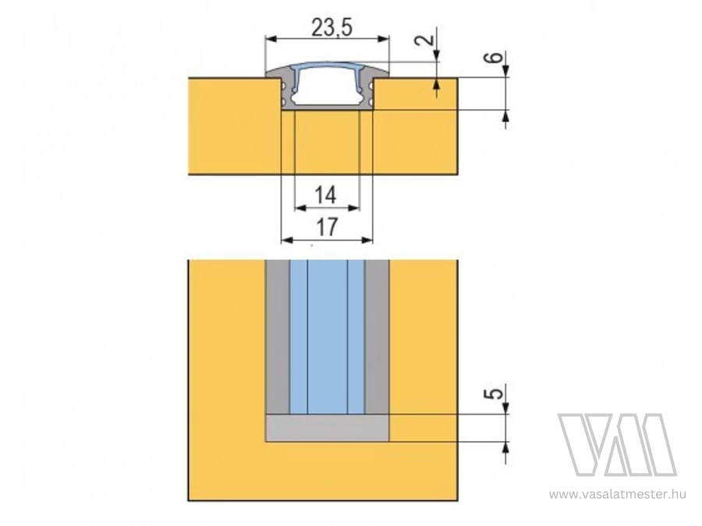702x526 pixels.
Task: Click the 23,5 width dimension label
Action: tap(332, 28)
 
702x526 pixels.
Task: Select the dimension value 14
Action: tap(325, 196)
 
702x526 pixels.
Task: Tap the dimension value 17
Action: tap(327, 228)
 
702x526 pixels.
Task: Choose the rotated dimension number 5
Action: tap(495, 394)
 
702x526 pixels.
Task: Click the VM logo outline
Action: tap(617, 445)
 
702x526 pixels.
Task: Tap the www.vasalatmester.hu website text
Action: tap(618, 494)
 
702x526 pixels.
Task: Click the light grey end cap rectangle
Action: tap(328, 428)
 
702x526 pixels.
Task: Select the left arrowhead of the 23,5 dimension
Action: tap(271, 39)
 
